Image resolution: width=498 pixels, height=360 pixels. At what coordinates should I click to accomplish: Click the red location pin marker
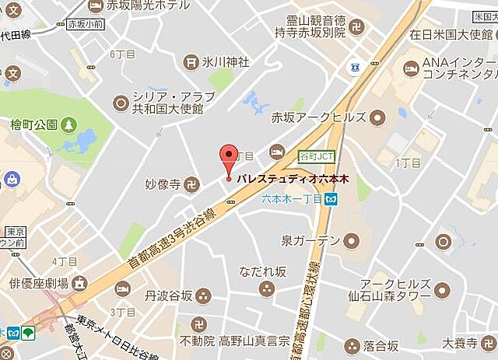228,159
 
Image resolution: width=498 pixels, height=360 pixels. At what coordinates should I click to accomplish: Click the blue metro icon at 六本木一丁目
331,201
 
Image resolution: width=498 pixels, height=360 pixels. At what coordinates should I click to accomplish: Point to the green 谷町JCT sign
317,156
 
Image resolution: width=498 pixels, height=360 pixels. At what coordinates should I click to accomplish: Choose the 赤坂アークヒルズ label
328,118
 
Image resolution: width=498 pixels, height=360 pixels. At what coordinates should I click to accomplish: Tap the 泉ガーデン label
311,240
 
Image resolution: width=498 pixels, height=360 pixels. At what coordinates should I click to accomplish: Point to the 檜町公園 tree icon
71,124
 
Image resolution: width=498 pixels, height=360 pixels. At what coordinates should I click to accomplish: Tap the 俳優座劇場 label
39,282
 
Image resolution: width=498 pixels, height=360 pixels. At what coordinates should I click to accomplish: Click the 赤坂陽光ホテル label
140,6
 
